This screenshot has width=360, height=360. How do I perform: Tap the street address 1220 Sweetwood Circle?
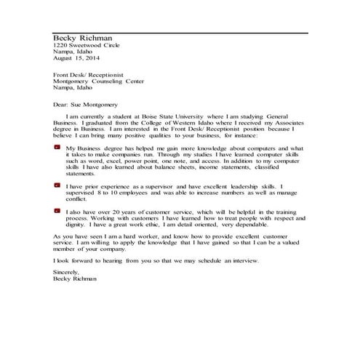coord(82,46)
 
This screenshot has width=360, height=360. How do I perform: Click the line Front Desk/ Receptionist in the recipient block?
coord(89,75)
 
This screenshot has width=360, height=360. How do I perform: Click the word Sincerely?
coord(68,271)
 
